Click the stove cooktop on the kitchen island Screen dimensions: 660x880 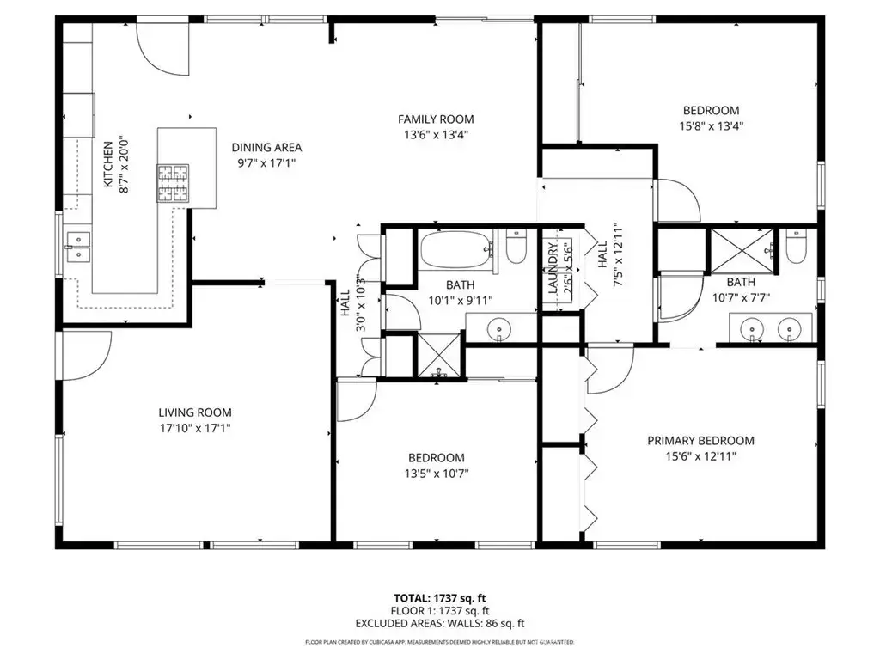(x=172, y=183)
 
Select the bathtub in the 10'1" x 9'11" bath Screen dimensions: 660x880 (x=455, y=250)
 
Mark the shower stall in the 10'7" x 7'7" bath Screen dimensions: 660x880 (x=737, y=250)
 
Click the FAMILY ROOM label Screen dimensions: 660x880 (x=436, y=119)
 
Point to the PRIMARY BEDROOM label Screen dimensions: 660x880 (x=700, y=441)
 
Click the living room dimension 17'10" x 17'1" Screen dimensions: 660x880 (x=194, y=427)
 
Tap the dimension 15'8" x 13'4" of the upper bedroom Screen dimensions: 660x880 (x=711, y=125)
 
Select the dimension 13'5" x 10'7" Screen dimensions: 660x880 (x=437, y=473)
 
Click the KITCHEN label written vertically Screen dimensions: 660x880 (x=108, y=164)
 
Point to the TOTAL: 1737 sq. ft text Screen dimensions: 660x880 (x=439, y=598)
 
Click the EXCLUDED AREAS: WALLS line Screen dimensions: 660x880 (x=439, y=624)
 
